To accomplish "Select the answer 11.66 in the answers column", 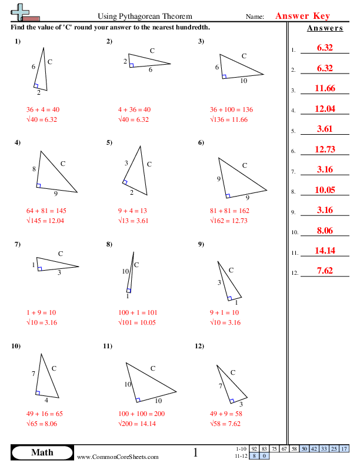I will (x=325, y=88).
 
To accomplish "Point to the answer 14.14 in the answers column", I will (x=325, y=250).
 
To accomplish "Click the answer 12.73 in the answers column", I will (x=325, y=149).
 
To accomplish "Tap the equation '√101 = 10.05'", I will (x=139, y=322).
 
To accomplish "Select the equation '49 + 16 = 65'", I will (x=45, y=414).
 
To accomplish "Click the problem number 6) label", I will (x=201, y=142).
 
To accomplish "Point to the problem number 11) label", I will (x=108, y=346).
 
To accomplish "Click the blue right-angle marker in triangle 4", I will (x=39, y=186).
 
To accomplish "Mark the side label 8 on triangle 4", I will (x=34, y=169).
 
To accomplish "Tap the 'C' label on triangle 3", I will (x=244, y=56).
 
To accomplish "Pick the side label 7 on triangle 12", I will (x=220, y=386).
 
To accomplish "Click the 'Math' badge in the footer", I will (x=42, y=452).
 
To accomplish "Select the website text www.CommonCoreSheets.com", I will (x=118, y=457).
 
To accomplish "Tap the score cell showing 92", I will (x=255, y=449).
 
